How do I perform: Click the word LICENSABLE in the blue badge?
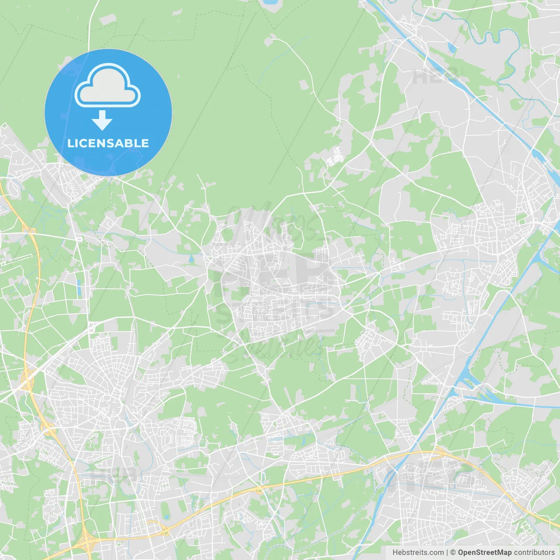click(x=108, y=143)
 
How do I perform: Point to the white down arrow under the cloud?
click(x=102, y=120)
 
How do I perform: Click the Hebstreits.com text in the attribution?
click(x=418, y=553)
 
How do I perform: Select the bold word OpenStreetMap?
click(x=485, y=553)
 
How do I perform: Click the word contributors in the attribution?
click(x=534, y=553)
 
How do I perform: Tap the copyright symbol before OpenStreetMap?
click(x=453, y=553)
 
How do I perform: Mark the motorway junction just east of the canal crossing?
click(x=437, y=452)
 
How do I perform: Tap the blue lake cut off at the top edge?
click(x=269, y=2)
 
